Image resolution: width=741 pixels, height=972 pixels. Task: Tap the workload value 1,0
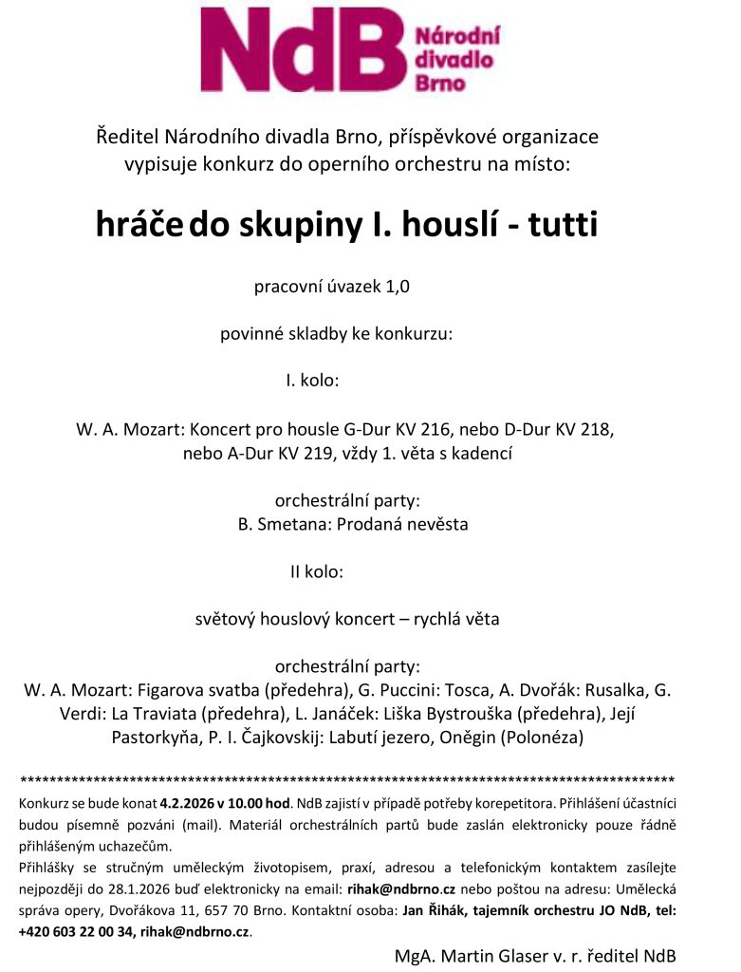pos(397,286)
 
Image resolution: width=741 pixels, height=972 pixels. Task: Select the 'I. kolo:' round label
pos(312,381)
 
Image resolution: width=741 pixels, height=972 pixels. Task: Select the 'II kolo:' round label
pos(316,571)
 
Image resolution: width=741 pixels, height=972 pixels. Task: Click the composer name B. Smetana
pos(288,524)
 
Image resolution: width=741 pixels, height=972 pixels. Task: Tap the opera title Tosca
pos(472,690)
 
